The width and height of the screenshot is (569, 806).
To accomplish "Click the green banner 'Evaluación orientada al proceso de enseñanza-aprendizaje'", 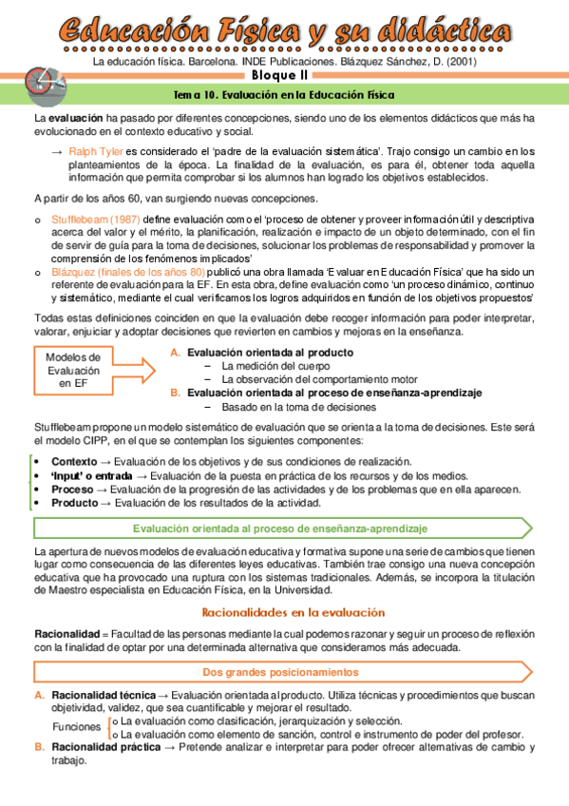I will click(x=280, y=528).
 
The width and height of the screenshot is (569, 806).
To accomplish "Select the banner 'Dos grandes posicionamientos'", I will click(x=281, y=672).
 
